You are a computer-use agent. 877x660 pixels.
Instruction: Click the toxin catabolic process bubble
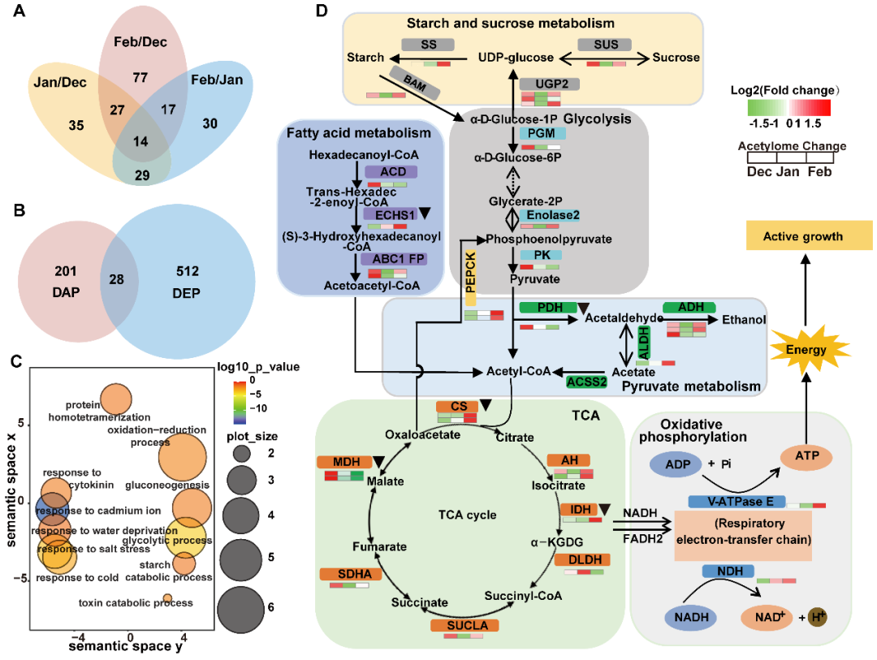click(167, 599)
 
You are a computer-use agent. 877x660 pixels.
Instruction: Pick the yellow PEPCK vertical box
click(471, 278)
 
